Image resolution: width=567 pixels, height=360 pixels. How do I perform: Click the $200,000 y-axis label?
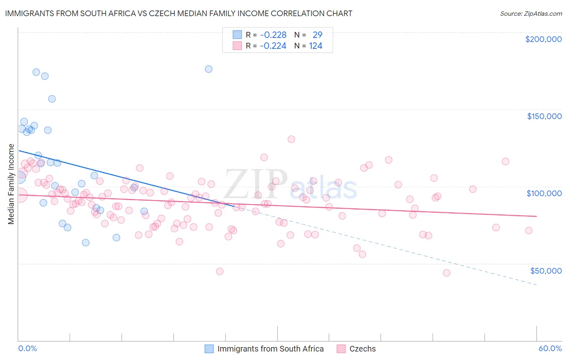pyautogui.click(x=543, y=39)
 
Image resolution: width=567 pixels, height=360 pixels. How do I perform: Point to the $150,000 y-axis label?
pyautogui.click(x=544, y=116)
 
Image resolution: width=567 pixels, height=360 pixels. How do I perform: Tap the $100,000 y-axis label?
pyautogui.click(x=544, y=193)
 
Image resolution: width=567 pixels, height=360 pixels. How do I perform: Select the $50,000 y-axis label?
pyautogui.click(x=546, y=270)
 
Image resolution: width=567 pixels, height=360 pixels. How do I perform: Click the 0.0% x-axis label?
pyautogui.click(x=27, y=348)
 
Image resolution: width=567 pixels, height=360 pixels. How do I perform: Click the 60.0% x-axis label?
pyautogui.click(x=550, y=348)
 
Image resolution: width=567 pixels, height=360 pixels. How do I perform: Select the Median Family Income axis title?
pyautogui.click(x=11, y=184)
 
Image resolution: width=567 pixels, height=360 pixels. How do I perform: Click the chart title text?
pyautogui.click(x=179, y=13)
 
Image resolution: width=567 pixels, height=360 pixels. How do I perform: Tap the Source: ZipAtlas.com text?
pyautogui.click(x=531, y=13)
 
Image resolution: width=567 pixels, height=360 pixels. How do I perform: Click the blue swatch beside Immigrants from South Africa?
pyautogui.click(x=209, y=349)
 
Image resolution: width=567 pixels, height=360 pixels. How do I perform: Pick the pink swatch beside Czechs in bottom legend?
pyautogui.click(x=341, y=349)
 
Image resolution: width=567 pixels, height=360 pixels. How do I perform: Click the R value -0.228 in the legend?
pyautogui.click(x=273, y=35)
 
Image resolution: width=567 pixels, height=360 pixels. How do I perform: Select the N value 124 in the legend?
pyautogui.click(x=315, y=46)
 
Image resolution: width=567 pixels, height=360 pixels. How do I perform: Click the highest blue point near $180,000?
pyautogui.click(x=208, y=69)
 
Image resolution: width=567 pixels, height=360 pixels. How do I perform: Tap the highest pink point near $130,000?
pyautogui.click(x=291, y=139)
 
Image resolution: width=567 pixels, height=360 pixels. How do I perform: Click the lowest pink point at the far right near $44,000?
pyautogui.click(x=446, y=273)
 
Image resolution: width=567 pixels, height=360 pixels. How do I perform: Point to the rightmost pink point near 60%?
pyautogui.click(x=529, y=230)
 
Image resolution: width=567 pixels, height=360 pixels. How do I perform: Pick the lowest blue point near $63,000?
pyautogui.click(x=85, y=243)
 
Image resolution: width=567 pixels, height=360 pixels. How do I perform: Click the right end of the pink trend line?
pyautogui.click(x=536, y=216)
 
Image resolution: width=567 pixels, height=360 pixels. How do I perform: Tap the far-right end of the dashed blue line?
pyautogui.click(x=536, y=285)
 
